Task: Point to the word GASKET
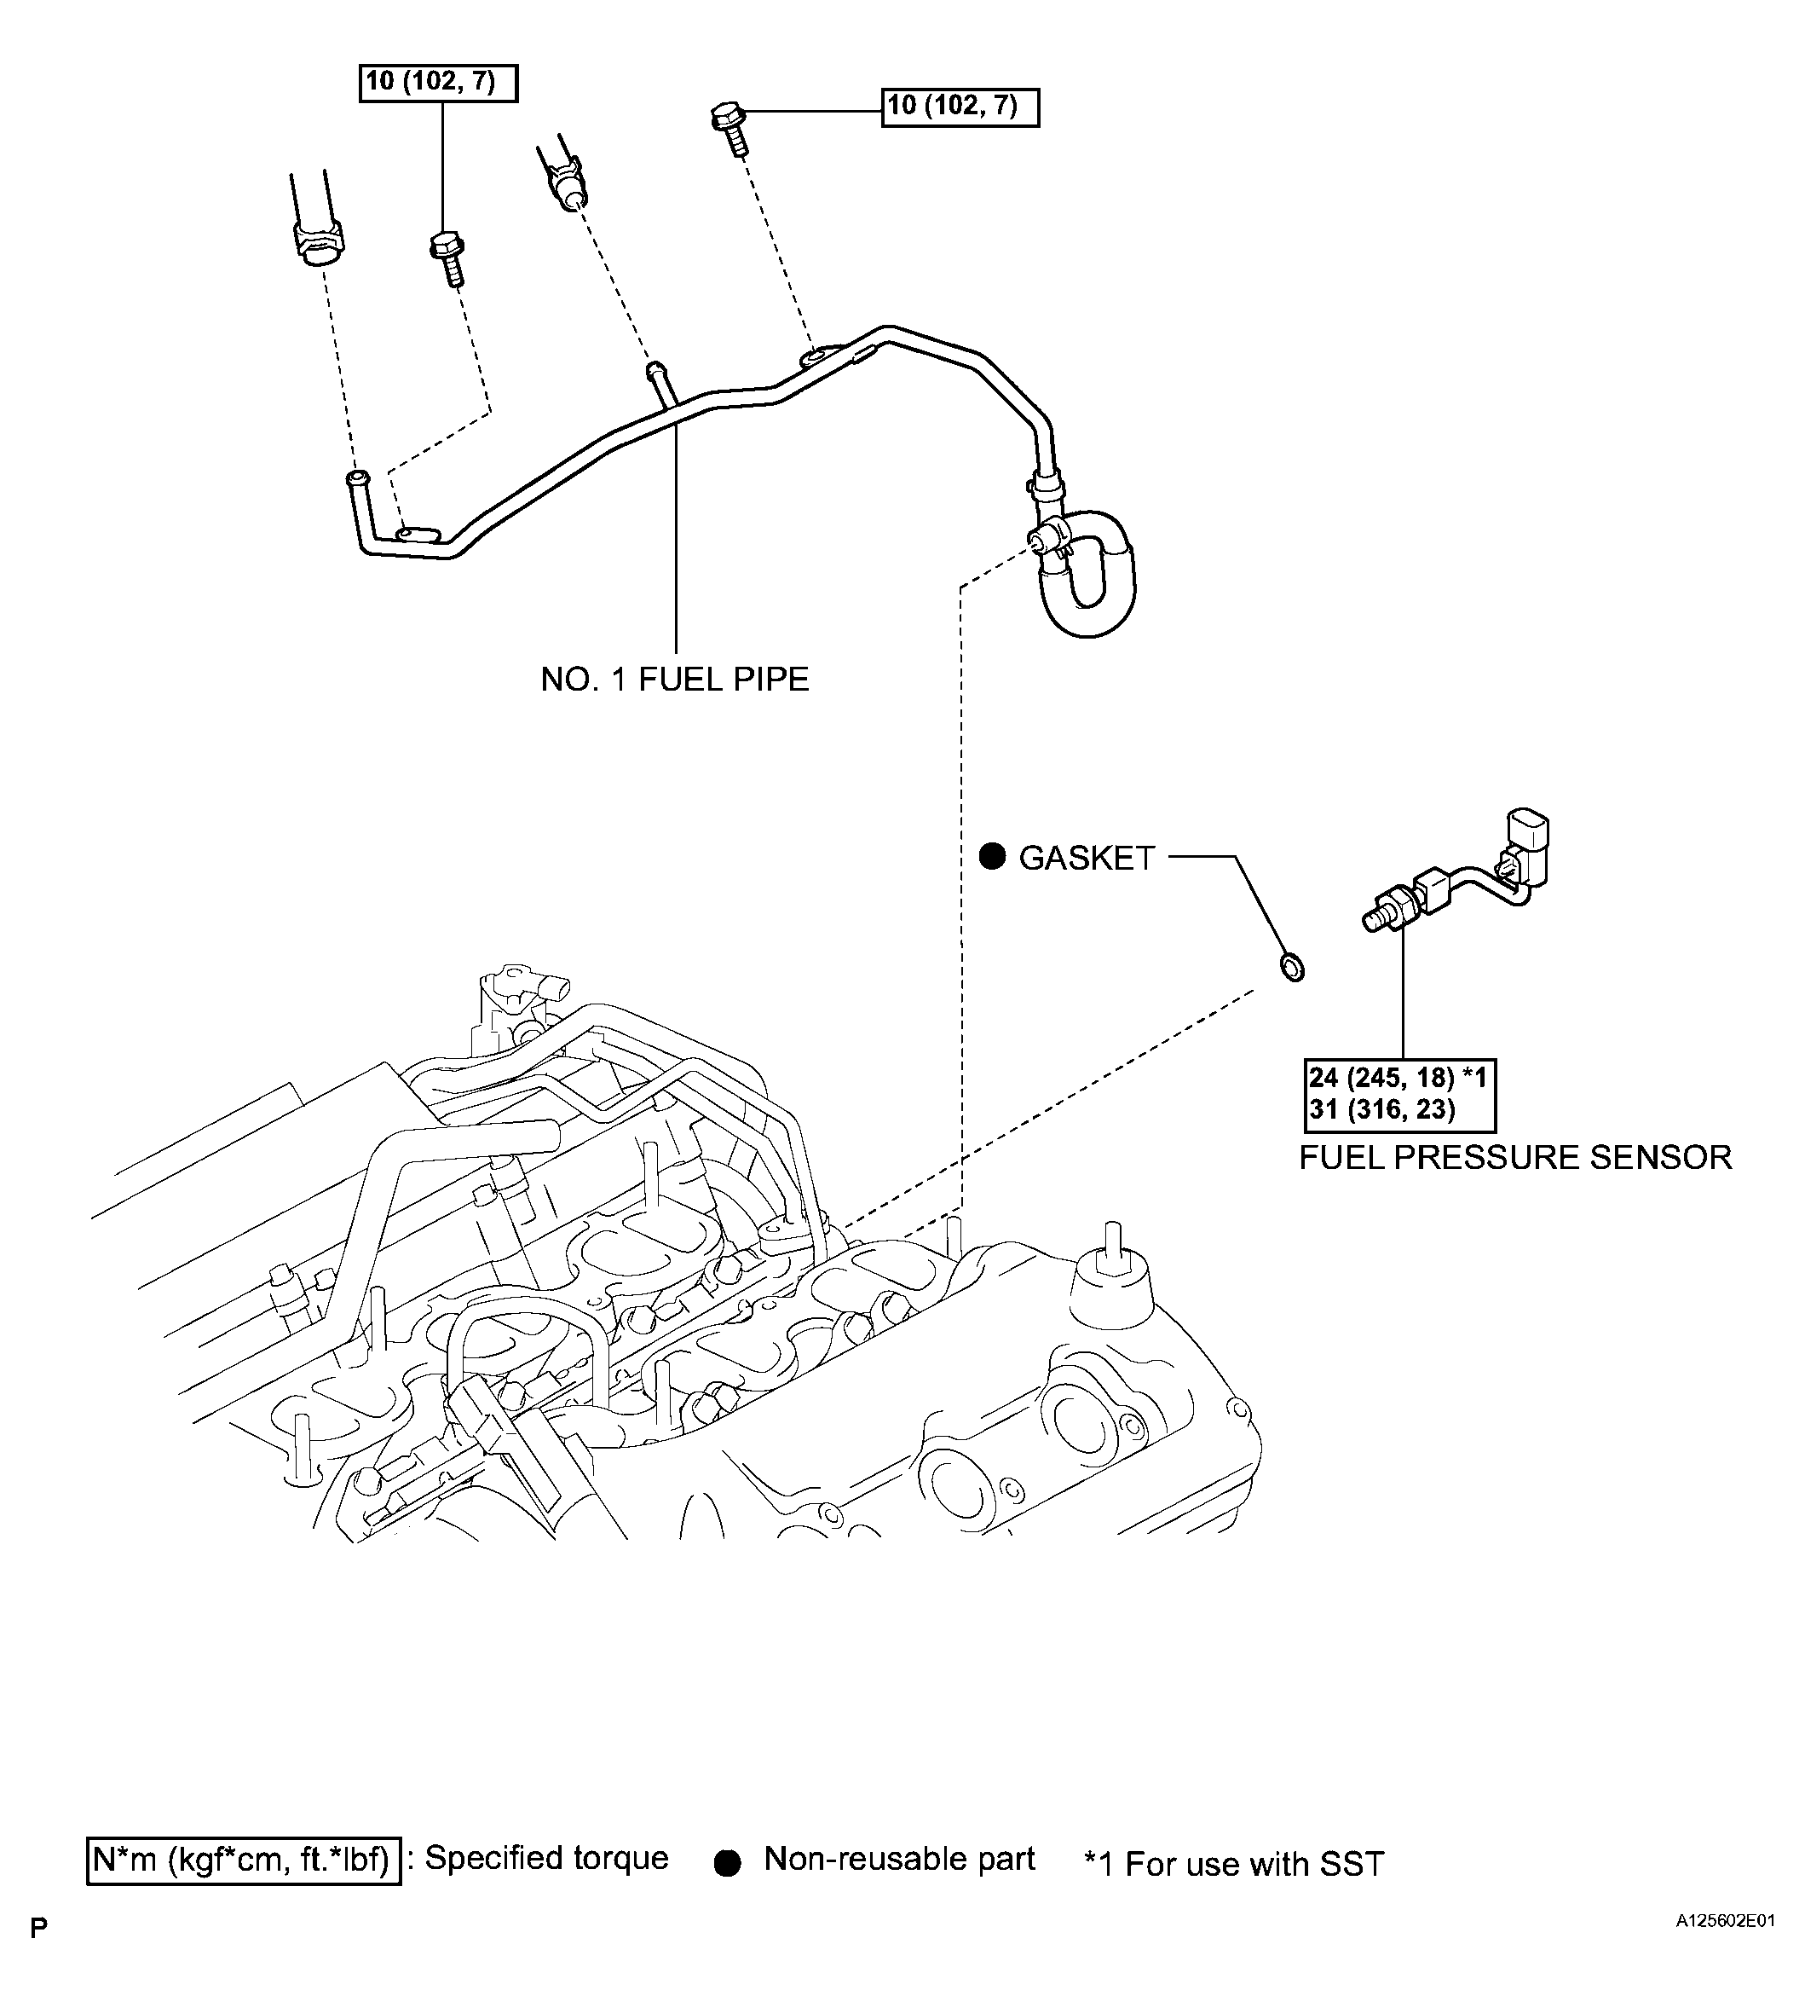(1087, 858)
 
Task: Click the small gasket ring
(1292, 966)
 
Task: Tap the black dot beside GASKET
(992, 857)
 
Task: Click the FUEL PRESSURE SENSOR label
(1514, 1157)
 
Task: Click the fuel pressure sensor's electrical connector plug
(1525, 843)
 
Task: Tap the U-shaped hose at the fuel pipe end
(1091, 576)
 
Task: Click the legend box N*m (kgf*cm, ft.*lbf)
(244, 1859)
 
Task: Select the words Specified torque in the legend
(546, 1857)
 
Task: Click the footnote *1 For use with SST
(1234, 1864)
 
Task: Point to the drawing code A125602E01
(1725, 1948)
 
